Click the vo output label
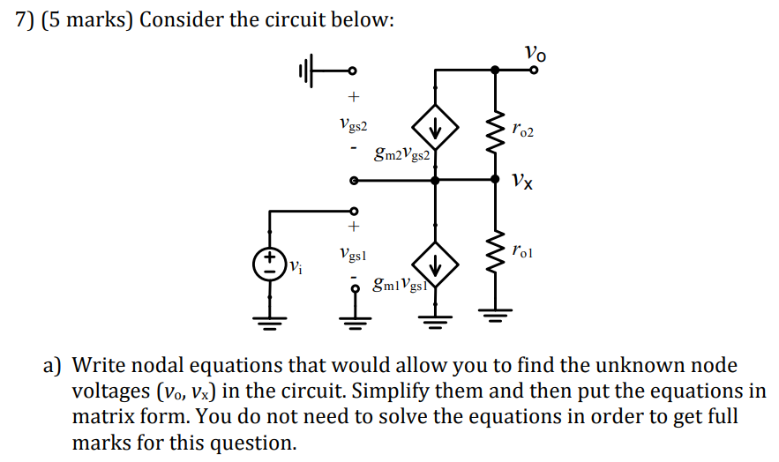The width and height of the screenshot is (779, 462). click(535, 54)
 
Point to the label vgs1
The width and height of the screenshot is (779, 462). click(353, 254)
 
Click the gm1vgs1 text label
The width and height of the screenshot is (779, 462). click(400, 285)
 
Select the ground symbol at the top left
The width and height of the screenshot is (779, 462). click(305, 71)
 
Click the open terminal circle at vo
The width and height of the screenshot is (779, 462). click(533, 71)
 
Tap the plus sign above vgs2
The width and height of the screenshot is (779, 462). click(354, 96)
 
